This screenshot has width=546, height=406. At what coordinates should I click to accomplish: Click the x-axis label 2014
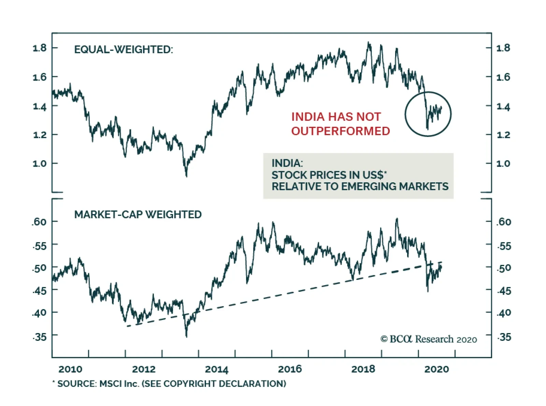coord(216,369)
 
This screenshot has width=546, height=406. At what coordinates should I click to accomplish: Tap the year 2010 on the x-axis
coord(70,369)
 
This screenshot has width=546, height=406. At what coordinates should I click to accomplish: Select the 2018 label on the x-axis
coord(363,369)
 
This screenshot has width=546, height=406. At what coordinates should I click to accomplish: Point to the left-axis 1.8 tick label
coord(40,48)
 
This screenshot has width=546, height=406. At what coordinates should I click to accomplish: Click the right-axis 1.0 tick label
coord(503,164)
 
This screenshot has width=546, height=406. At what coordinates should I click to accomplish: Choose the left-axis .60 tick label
coord(39,222)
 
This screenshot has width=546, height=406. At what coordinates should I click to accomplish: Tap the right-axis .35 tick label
coord(504,337)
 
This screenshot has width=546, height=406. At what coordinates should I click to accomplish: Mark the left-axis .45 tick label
coord(39,291)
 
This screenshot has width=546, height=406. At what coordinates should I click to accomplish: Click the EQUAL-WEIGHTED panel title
coord(124,50)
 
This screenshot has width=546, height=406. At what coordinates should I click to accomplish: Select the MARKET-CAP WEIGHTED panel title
coord(138,214)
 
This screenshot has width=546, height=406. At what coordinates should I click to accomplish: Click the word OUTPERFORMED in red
coord(340,131)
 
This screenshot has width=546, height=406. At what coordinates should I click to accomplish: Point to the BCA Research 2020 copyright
coord(429,339)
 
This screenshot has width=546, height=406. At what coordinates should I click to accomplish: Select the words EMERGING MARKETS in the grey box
coord(394,186)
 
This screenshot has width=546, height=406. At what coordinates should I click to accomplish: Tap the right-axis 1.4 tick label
coord(503,107)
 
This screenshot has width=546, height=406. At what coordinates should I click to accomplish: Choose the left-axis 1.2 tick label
coord(40,135)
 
